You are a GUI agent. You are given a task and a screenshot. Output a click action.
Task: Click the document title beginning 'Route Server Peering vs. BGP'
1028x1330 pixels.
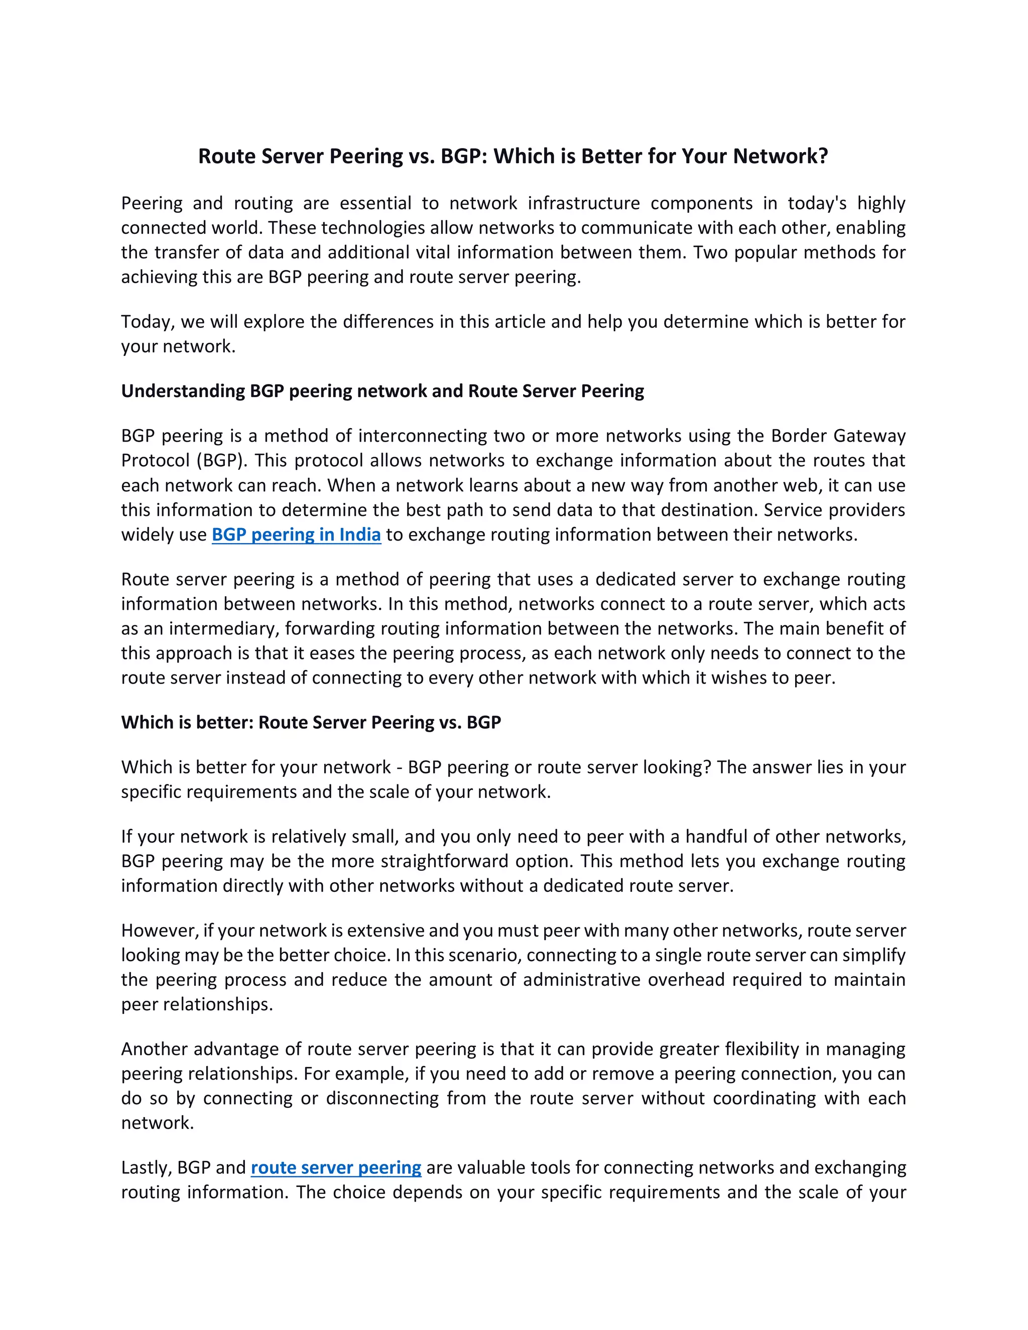[x=513, y=157]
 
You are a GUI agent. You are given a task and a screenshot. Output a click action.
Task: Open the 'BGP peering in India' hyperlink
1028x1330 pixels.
[x=296, y=535]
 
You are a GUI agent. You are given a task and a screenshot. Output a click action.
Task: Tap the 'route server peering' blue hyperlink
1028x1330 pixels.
[x=336, y=1167]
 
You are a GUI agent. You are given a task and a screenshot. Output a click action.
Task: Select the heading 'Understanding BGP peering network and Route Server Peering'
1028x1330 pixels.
[x=382, y=391]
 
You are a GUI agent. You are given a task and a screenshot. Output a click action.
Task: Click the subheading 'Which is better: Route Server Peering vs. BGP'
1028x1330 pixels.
[x=311, y=722]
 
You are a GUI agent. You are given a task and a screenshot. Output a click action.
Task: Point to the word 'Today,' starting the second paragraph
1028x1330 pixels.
[x=148, y=322]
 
